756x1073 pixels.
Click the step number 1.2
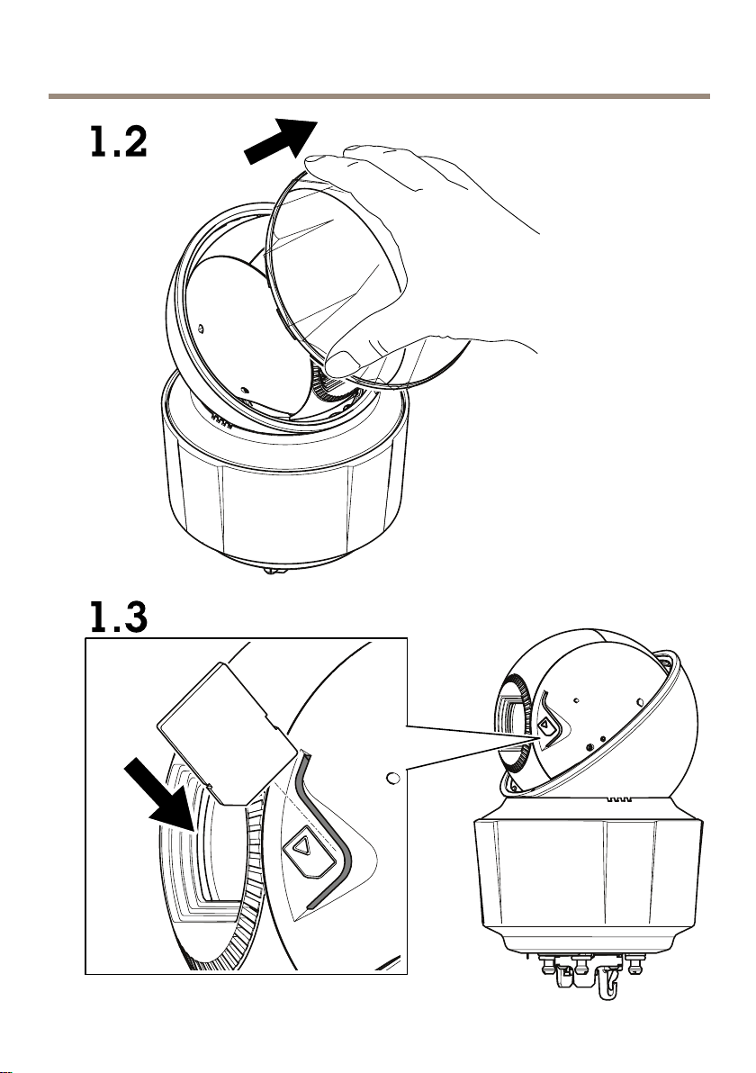pyautogui.click(x=118, y=142)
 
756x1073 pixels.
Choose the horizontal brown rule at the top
pyautogui.click(x=378, y=95)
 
